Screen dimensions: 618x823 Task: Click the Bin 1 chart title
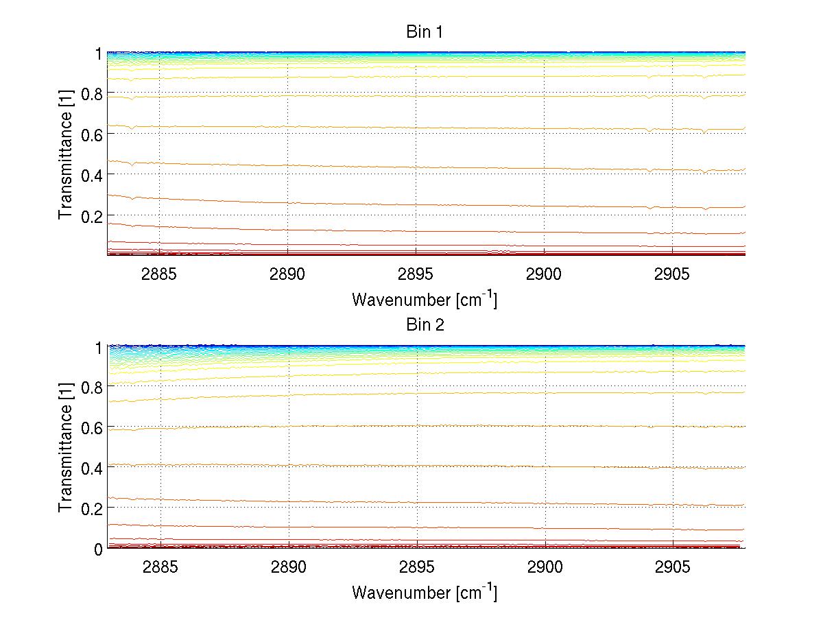tap(425, 32)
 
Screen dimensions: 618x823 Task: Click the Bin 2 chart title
tap(425, 325)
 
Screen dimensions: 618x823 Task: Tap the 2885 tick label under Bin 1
tap(159, 274)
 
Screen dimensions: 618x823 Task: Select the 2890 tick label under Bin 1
tap(287, 274)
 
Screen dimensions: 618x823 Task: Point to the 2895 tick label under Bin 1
tap(416, 274)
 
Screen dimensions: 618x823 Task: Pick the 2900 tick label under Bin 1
tap(544, 274)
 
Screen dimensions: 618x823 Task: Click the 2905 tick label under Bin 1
tap(672, 274)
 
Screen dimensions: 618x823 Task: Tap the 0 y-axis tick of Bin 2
tap(98, 549)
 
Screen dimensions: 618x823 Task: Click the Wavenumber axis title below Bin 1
tap(425, 299)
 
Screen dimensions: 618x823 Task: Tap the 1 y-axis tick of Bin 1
tap(98, 54)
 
